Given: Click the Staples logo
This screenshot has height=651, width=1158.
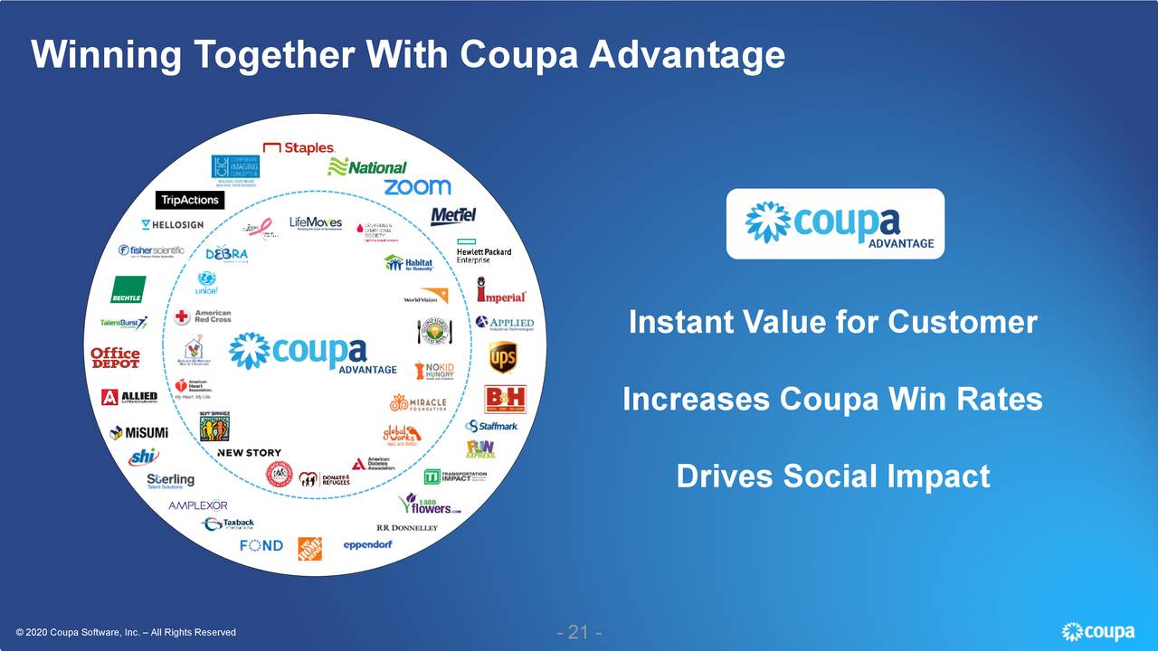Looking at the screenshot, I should (x=299, y=147).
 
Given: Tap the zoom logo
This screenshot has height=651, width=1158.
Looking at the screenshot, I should (x=417, y=187).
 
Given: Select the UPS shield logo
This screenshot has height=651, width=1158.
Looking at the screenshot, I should (x=503, y=357).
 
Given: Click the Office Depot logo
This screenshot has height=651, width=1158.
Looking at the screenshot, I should (x=115, y=357).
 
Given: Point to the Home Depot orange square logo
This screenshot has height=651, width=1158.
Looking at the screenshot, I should (x=310, y=548).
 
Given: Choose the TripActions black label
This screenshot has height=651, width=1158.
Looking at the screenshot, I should (x=190, y=200).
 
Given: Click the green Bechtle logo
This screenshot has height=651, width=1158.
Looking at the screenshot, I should (x=128, y=289).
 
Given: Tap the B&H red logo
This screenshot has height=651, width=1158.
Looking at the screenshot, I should (x=505, y=399).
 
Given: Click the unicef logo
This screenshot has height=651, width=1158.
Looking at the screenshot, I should (x=206, y=282).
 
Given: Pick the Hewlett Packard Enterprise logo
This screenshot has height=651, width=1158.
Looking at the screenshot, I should (x=483, y=253).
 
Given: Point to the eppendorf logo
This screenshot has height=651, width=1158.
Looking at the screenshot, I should (x=367, y=545).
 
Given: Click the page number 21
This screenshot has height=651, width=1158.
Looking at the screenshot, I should (x=579, y=631).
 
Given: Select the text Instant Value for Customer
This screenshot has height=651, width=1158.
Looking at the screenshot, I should (x=832, y=322).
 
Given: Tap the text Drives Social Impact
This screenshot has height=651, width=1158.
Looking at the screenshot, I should (x=832, y=476).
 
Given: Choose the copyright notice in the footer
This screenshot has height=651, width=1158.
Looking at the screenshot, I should (x=126, y=632).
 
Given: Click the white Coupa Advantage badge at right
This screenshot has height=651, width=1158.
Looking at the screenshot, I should (x=835, y=223).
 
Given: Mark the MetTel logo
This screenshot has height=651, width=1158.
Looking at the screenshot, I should (x=453, y=216).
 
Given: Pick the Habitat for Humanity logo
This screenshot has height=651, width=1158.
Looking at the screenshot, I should (x=409, y=263).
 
